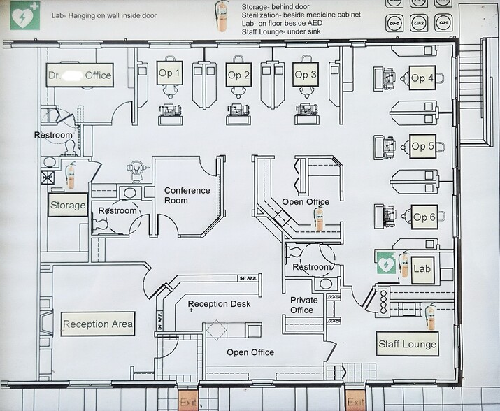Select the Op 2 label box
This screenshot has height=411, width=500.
click(x=238, y=74)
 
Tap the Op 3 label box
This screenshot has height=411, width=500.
click(x=306, y=74)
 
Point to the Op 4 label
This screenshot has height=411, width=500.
click(x=422, y=78)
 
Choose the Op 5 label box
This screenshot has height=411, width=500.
click(x=422, y=146)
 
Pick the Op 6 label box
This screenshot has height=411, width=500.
click(x=424, y=217)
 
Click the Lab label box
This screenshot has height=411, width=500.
click(x=422, y=268)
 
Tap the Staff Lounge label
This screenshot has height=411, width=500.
click(x=407, y=343)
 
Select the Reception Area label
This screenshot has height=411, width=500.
click(x=98, y=324)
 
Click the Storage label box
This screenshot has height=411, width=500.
click(x=68, y=206)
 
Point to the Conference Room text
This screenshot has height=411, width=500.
click(x=187, y=195)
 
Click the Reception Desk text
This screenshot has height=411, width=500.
click(x=219, y=304)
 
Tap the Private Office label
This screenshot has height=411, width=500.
click(x=303, y=305)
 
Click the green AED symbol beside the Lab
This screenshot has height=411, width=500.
click(x=385, y=264)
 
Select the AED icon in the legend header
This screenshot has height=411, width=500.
click(x=22, y=15)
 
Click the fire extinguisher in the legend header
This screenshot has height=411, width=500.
click(x=222, y=17)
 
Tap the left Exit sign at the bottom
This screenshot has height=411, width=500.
click(x=188, y=402)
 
